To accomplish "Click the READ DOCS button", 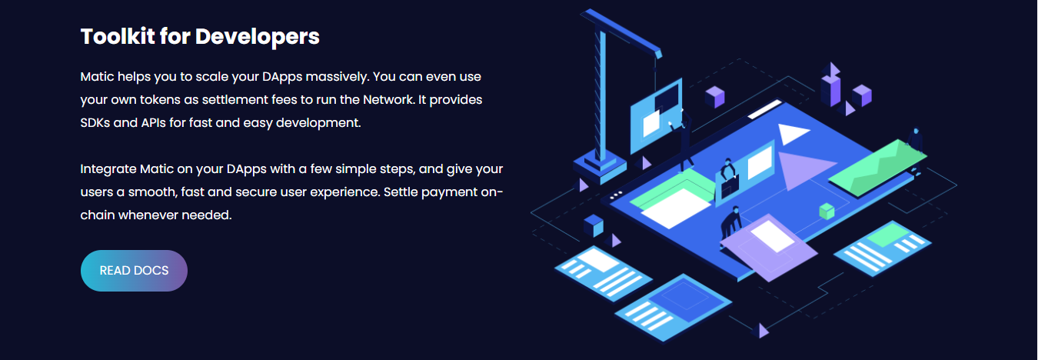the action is [x=134, y=271].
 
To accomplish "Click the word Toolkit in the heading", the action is [x=117, y=36].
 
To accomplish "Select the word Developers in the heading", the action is [x=257, y=37].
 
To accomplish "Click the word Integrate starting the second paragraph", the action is [x=108, y=169].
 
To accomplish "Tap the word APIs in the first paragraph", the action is [x=153, y=123].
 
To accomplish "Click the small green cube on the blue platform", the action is [x=827, y=212].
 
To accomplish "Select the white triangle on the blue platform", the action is [x=791, y=133].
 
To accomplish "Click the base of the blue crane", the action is [x=601, y=166].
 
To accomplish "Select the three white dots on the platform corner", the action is [x=617, y=195].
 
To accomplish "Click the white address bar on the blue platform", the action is [x=764, y=109].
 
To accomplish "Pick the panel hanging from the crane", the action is [x=657, y=116].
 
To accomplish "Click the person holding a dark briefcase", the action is [x=729, y=176].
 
